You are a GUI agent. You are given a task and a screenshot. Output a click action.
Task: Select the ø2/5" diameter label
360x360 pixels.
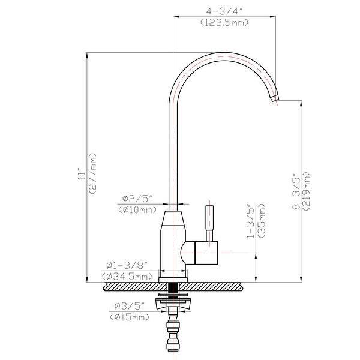pyautogui.click(x=137, y=199)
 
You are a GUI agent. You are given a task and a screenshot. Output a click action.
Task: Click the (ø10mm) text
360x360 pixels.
pyautogui.click(x=137, y=209)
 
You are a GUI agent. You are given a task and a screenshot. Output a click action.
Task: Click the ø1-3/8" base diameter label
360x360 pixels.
pyautogui.click(x=127, y=265)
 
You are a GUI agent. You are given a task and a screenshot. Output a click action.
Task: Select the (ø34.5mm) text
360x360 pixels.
pyautogui.click(x=126, y=276)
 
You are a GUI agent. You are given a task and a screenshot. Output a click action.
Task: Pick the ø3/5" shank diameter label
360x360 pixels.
pyautogui.click(x=128, y=306)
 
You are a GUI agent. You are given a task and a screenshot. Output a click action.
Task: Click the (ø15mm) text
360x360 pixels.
pyautogui.click(x=128, y=317)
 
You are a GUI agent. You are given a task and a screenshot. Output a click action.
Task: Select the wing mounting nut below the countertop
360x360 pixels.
pyautogui.click(x=173, y=302)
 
